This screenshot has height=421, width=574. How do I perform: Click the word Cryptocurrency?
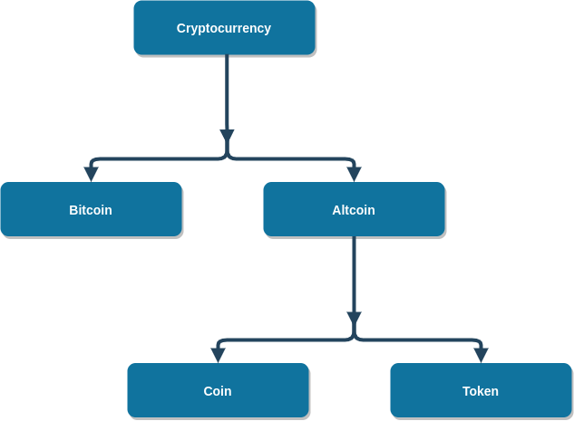(x=224, y=28)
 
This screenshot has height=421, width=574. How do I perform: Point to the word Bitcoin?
(x=91, y=210)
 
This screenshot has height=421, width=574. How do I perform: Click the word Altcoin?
(x=354, y=210)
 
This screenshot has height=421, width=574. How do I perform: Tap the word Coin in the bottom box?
(x=218, y=391)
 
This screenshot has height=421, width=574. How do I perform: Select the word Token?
(x=481, y=391)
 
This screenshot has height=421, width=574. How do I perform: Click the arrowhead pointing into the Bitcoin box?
(x=91, y=174)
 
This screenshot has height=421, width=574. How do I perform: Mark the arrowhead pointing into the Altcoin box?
(x=354, y=174)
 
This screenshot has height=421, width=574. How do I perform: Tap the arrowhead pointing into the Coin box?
(x=218, y=355)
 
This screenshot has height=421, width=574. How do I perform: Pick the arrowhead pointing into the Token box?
(x=481, y=355)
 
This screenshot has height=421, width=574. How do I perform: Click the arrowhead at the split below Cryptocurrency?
(x=227, y=137)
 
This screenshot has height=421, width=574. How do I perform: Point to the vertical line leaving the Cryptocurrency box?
(x=227, y=91)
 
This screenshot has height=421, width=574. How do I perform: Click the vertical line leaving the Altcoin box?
(x=354, y=272)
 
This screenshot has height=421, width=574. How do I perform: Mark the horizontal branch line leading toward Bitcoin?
(x=154, y=159)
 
